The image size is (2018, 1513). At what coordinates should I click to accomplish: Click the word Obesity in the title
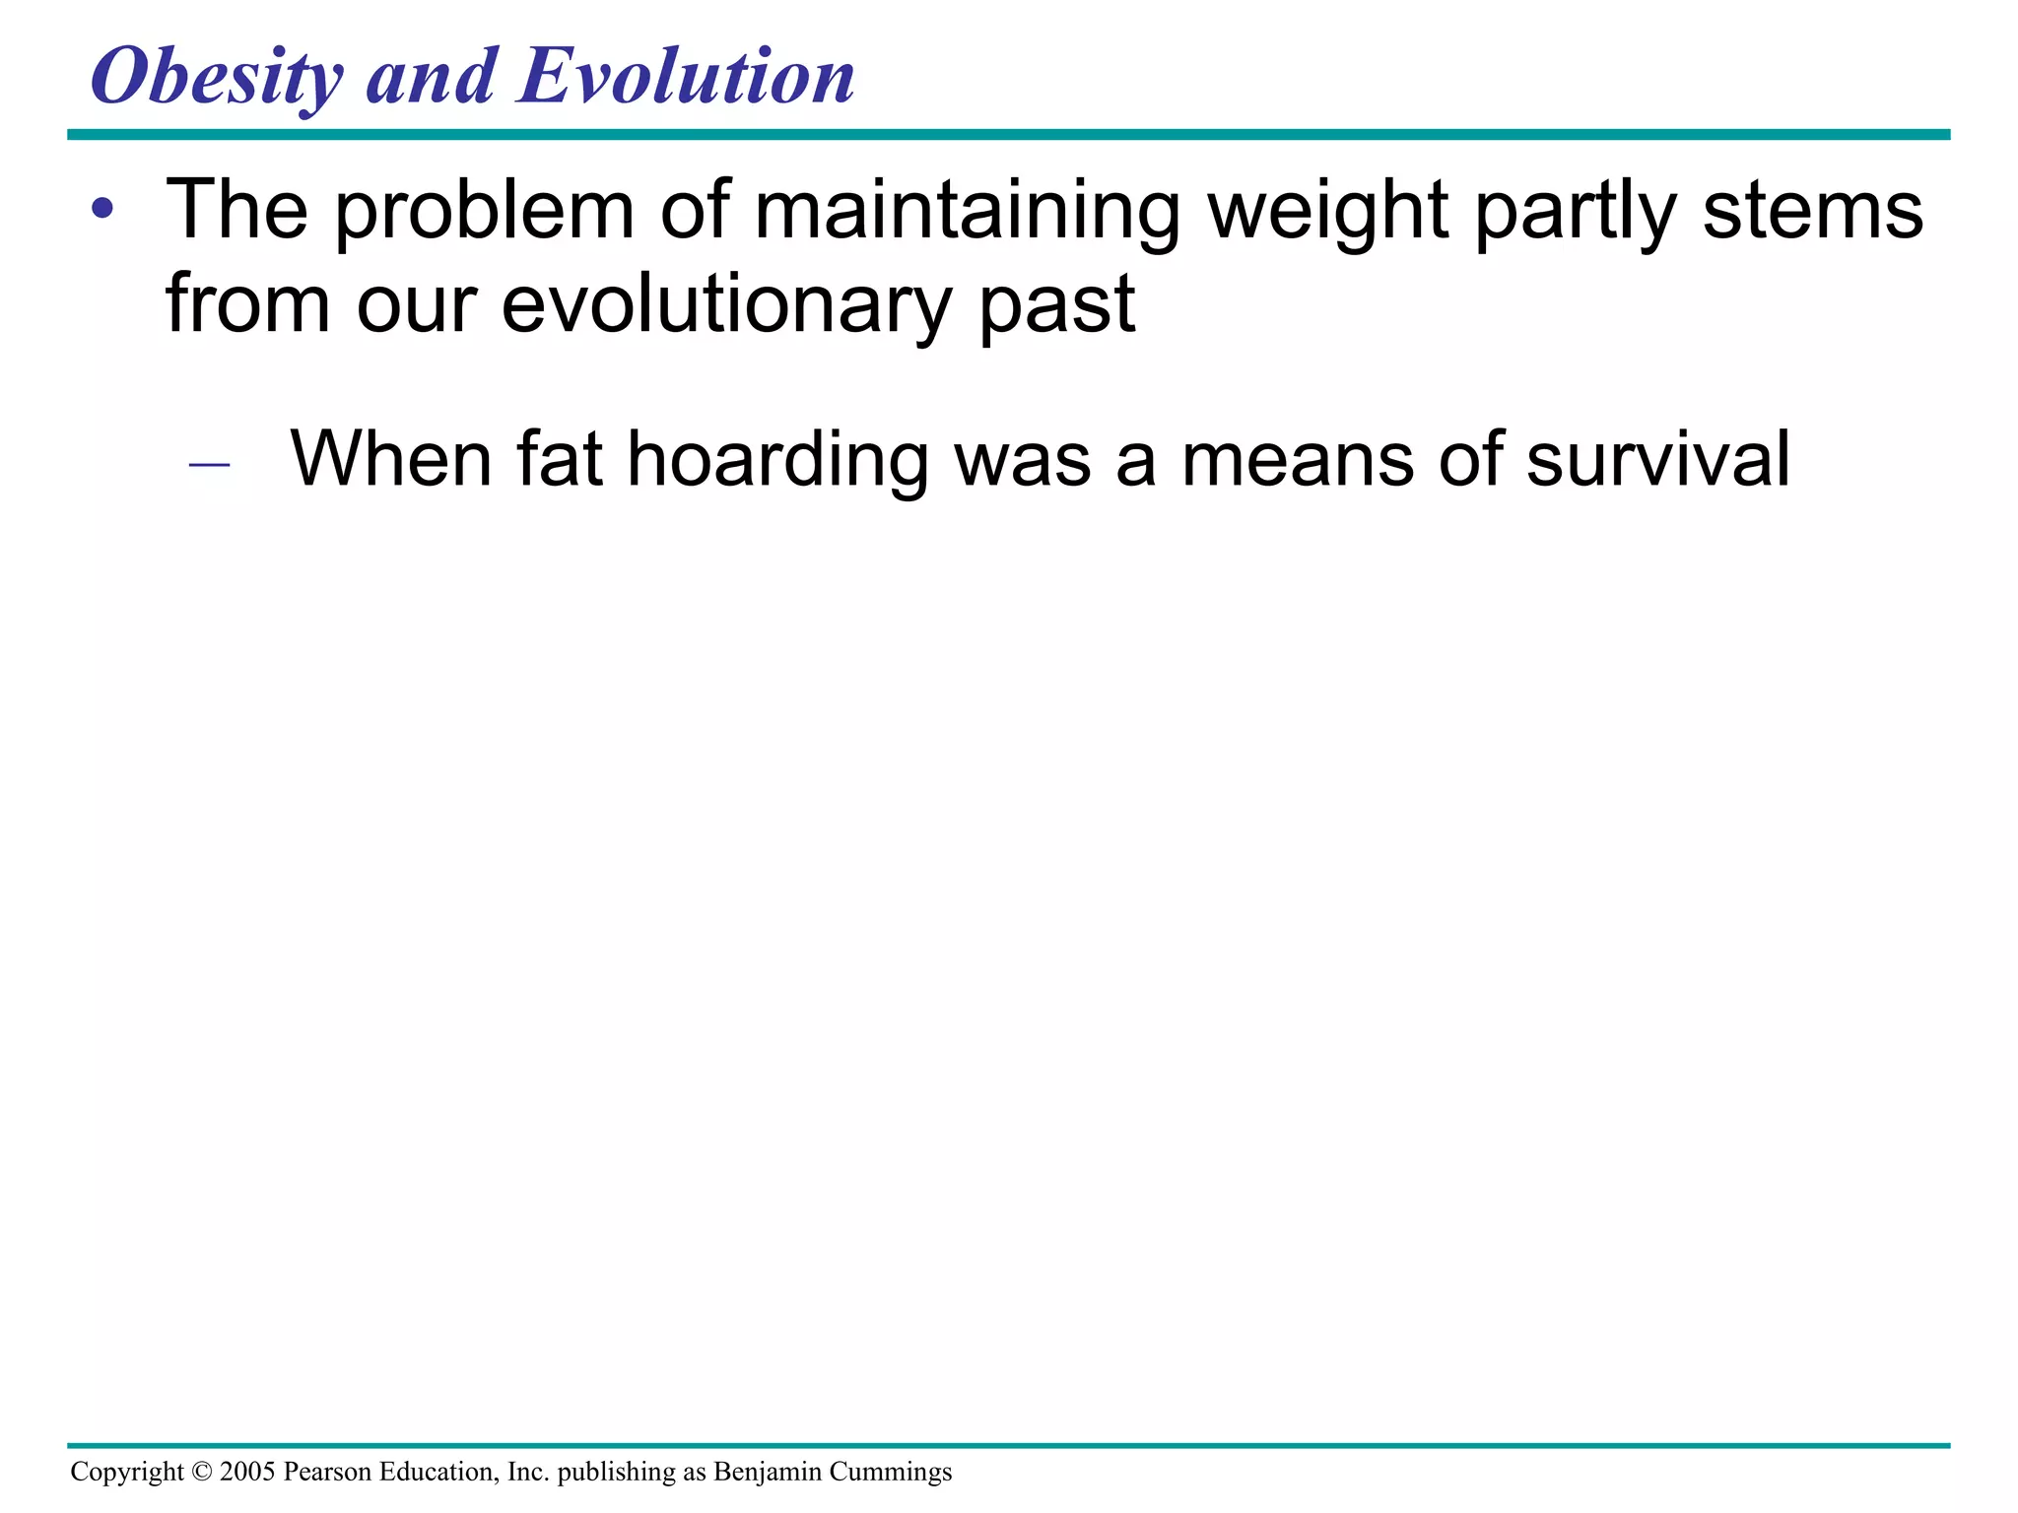point(217,79)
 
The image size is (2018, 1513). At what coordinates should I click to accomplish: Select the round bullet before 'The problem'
point(102,210)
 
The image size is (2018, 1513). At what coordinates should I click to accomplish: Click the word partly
point(1575,212)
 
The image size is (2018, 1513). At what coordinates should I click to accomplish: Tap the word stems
point(1813,212)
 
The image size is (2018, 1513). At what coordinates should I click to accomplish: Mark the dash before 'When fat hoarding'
point(209,463)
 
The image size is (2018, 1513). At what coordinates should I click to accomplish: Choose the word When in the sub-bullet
point(390,459)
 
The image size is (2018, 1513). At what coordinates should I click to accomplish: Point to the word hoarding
point(777,461)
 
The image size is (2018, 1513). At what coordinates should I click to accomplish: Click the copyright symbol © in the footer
point(201,1472)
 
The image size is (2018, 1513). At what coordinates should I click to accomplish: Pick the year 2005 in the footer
point(247,1472)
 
